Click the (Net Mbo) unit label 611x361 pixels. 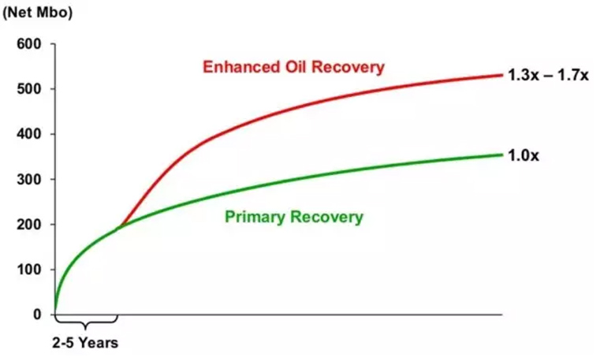click(x=37, y=13)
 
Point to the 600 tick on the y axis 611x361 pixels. click(x=28, y=44)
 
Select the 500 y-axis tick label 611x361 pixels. click(x=28, y=89)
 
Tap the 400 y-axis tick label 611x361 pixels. click(x=28, y=134)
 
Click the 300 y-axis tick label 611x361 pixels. click(x=28, y=180)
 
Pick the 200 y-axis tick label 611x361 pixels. click(x=28, y=225)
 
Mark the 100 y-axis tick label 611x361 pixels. click(x=28, y=270)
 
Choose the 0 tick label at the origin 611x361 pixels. click(x=37, y=314)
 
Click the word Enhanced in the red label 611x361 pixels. click(x=241, y=67)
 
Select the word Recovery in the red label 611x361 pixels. click(x=348, y=68)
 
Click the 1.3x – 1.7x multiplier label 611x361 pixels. click(x=548, y=75)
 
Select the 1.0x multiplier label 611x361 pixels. click(x=523, y=156)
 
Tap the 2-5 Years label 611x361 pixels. click(x=85, y=343)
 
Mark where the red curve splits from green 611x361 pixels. click(x=119, y=227)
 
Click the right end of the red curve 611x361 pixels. click(x=502, y=75)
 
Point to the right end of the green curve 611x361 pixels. click(x=502, y=155)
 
